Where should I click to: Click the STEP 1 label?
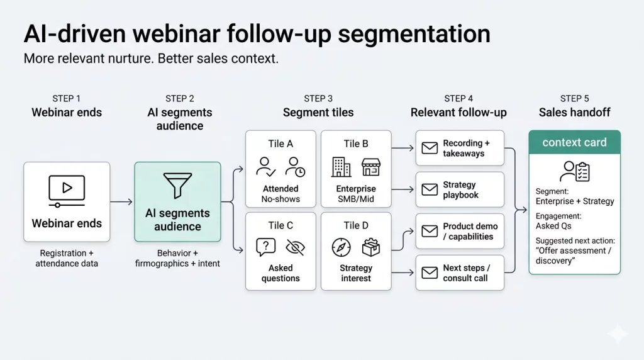[67, 98]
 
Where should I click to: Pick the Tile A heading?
[280, 143]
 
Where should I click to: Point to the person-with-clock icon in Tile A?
[295, 167]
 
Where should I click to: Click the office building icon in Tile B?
[341, 167]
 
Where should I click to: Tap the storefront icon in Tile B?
[371, 167]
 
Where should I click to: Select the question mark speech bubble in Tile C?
[266, 247]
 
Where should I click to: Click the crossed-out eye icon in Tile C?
[295, 247]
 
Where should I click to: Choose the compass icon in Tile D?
[341, 247]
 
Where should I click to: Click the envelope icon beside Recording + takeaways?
[430, 149]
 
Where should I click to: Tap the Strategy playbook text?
[460, 189]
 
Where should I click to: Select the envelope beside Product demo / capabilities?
[430, 231]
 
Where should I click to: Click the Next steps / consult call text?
[466, 273]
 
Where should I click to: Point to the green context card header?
[574, 142]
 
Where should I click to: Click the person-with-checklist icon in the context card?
[574, 171]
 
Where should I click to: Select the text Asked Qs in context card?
[553, 225]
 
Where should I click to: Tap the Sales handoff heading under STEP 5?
[574, 113]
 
